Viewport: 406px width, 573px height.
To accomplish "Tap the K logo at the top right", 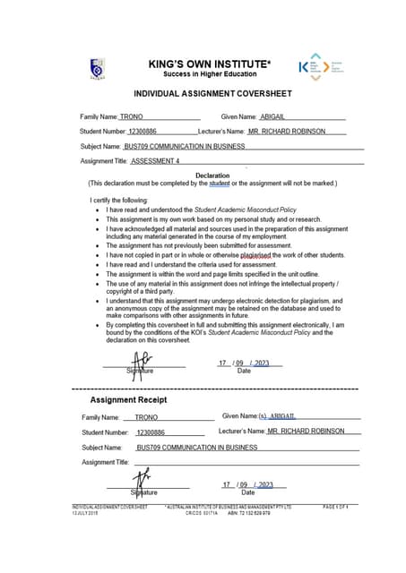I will click(304, 65).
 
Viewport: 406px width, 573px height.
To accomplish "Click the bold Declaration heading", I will click(212, 175).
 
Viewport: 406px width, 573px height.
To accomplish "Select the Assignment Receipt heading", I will click(128, 399).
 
